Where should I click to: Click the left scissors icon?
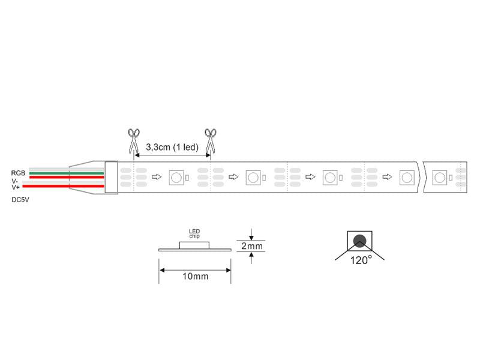[x=133, y=141]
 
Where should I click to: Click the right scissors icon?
[x=211, y=141]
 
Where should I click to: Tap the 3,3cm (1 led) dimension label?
[x=172, y=147]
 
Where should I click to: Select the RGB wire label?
[x=18, y=173]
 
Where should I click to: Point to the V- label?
[x=14, y=181]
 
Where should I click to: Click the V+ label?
[x=16, y=187]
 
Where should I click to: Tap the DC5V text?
[x=20, y=200]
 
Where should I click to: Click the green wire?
[x=67, y=173]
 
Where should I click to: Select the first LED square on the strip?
[x=176, y=177]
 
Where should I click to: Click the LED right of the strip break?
[x=440, y=177]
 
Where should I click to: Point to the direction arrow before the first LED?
[x=157, y=176]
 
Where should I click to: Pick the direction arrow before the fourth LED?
[x=387, y=176]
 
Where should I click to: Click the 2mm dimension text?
[x=252, y=246]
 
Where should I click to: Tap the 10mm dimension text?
[x=196, y=276]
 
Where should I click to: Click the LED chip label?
[x=194, y=233]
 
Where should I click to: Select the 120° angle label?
[x=361, y=260]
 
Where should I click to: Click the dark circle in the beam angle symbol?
[x=359, y=241]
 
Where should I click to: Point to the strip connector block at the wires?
[x=111, y=177]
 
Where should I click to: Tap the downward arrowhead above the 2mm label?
[x=251, y=238]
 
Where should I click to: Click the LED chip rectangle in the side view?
[x=194, y=245]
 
